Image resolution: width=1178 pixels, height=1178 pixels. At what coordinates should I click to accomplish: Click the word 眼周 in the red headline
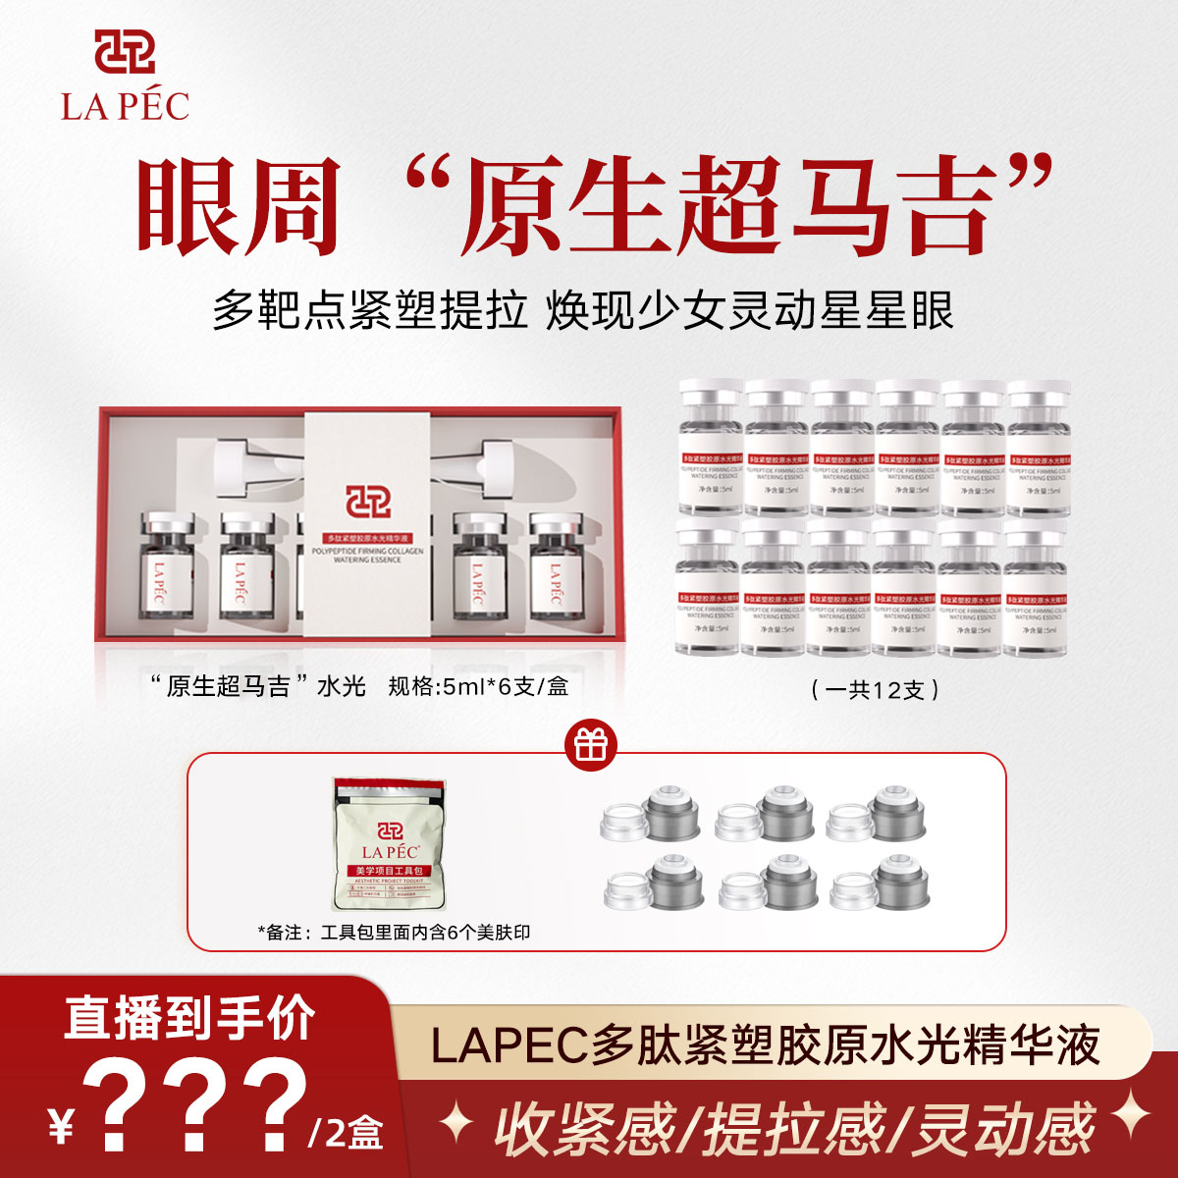[x=240, y=205]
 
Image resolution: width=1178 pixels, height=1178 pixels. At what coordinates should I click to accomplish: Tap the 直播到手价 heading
[x=190, y=1017]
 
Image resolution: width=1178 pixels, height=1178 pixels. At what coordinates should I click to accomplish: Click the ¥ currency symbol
[x=61, y=1127]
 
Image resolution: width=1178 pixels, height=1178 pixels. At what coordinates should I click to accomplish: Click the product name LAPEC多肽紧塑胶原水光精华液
[x=766, y=1044]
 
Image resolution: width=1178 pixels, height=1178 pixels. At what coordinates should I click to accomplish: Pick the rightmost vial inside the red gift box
[x=557, y=566]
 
